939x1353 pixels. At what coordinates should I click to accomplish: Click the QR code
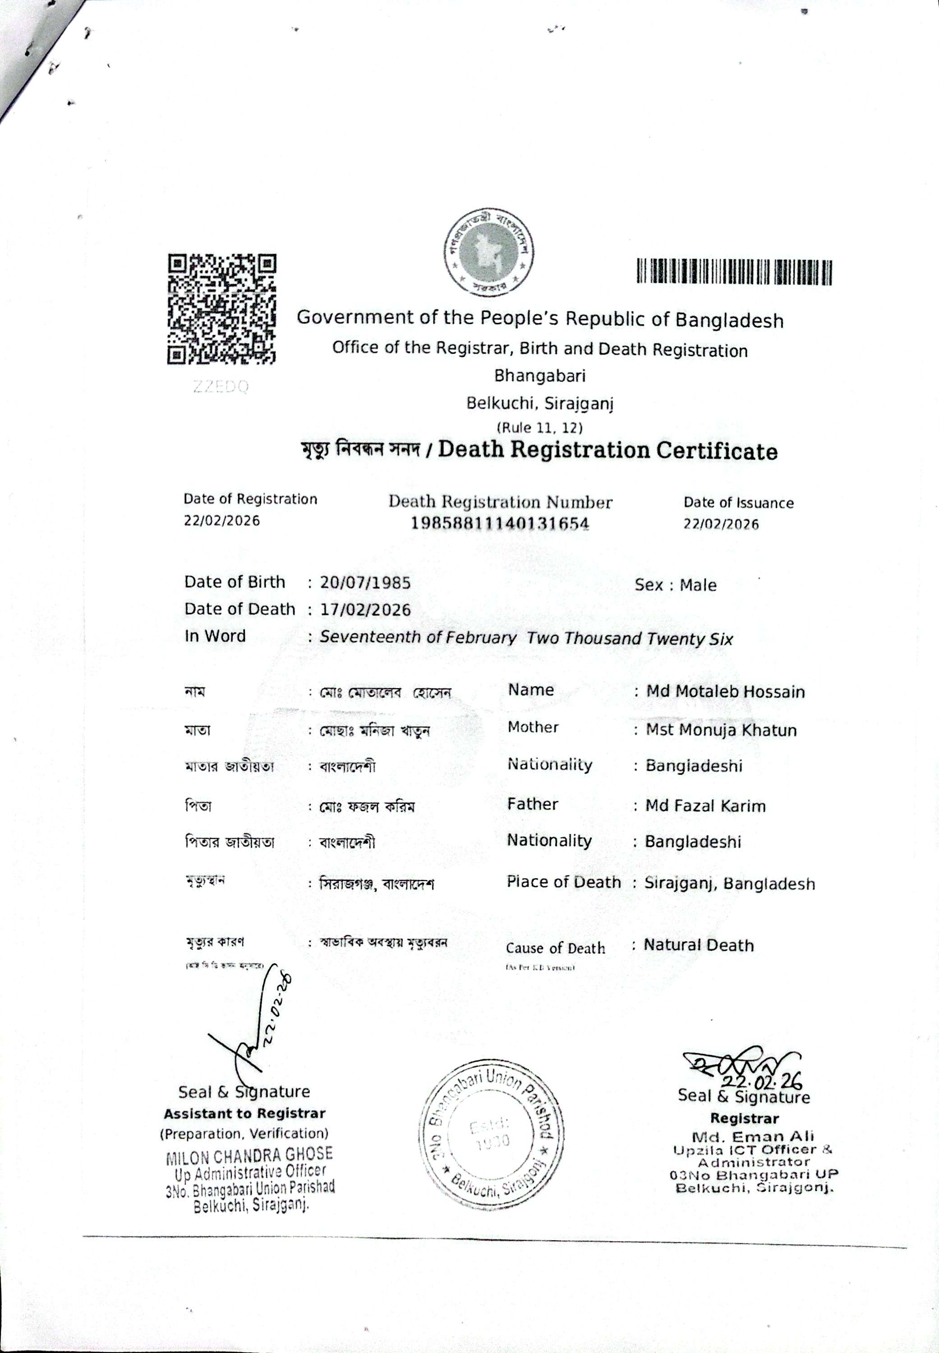tap(222, 309)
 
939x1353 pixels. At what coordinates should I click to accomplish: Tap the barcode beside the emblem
tap(734, 272)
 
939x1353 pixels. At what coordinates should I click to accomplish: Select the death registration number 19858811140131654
tap(500, 523)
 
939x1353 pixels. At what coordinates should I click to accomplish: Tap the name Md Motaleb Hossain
tap(725, 691)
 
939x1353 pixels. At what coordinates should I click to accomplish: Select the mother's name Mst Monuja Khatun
tap(721, 730)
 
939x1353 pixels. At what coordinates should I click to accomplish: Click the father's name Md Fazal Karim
tap(705, 805)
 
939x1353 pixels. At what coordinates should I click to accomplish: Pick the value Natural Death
tap(698, 945)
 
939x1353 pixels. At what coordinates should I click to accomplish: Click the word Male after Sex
tap(698, 585)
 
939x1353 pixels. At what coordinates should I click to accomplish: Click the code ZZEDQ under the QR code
tap(221, 387)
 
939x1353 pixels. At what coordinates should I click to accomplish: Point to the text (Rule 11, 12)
tap(539, 428)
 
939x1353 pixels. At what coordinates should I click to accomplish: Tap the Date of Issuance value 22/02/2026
tap(721, 524)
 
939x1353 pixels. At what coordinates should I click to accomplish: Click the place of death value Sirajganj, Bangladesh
tap(730, 884)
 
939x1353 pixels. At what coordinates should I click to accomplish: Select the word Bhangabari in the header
tap(539, 376)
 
